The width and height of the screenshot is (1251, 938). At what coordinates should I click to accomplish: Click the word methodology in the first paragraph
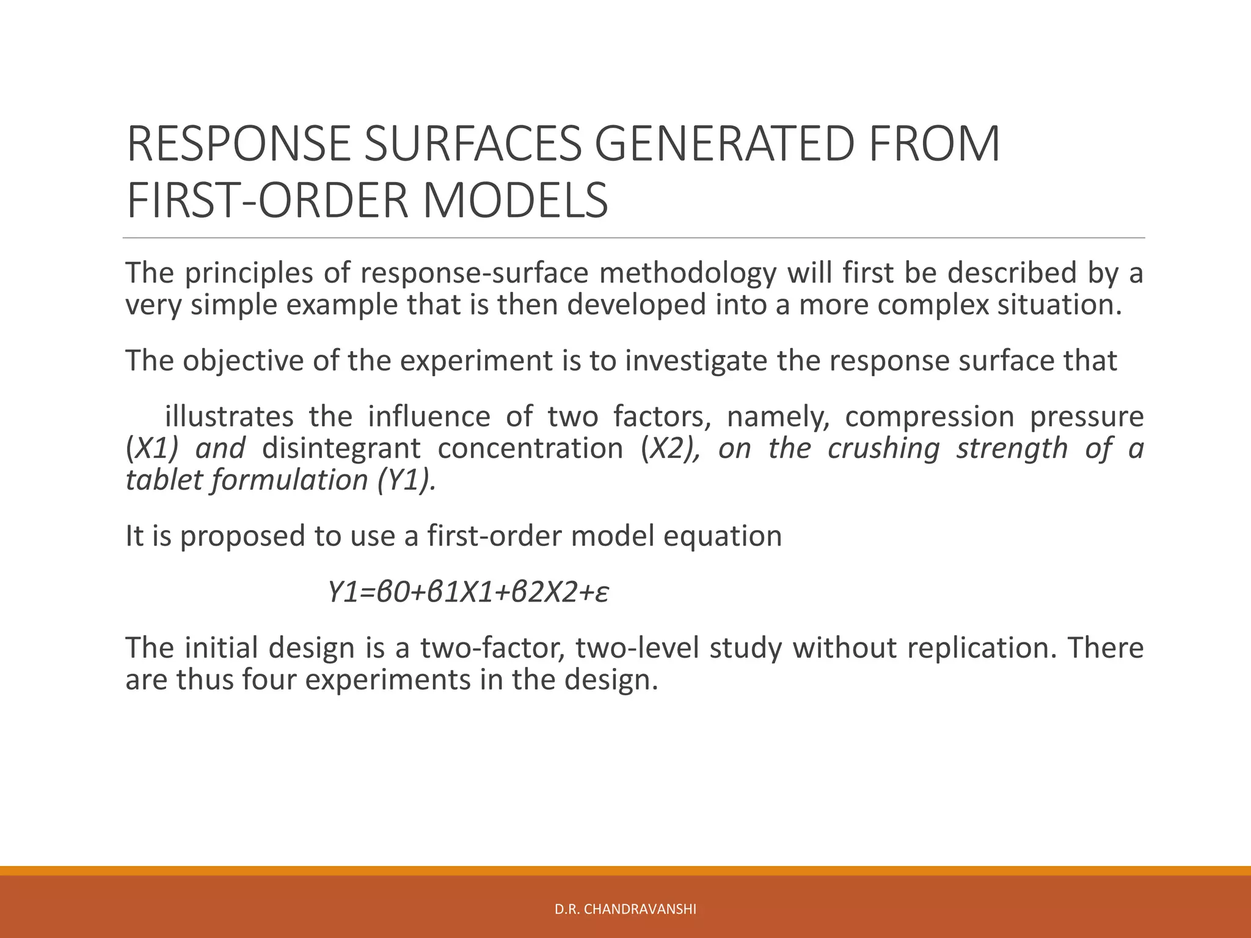687,272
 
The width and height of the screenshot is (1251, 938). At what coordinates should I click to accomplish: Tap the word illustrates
229,416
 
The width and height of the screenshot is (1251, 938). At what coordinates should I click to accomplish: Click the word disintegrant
341,448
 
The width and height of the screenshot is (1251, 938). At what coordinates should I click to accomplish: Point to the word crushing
883,448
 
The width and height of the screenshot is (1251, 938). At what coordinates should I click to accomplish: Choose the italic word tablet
162,480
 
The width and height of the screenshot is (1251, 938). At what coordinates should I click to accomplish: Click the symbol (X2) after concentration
671,448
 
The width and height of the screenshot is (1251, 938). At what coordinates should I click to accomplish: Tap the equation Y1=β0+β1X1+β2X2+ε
468,592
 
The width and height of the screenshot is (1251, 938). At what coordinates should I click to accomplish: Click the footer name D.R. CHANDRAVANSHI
625,909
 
